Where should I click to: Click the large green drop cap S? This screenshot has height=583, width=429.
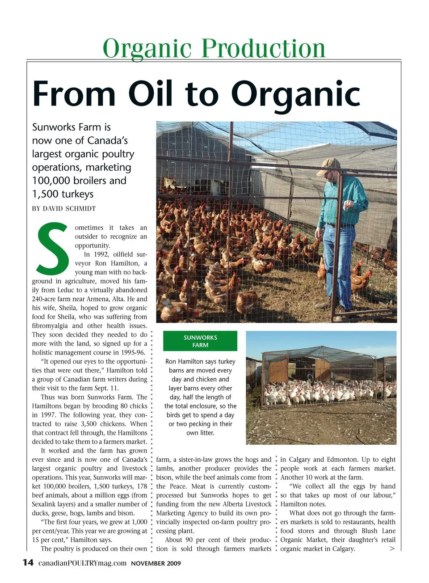[x=52, y=249]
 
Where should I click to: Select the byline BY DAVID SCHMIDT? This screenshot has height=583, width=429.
[x=64, y=208]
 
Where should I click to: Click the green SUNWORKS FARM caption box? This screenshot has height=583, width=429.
[x=200, y=341]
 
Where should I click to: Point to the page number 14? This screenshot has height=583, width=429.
[x=28, y=562]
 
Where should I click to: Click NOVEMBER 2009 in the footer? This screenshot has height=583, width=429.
[x=156, y=563]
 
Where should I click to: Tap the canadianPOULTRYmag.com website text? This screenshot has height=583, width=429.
[x=83, y=563]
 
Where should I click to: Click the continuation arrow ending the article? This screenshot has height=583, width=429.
[x=392, y=549]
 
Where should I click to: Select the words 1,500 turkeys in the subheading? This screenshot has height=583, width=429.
[x=63, y=194]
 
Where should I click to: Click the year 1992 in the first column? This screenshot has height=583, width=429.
[x=101, y=254]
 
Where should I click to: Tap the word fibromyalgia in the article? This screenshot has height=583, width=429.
[x=50, y=326]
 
